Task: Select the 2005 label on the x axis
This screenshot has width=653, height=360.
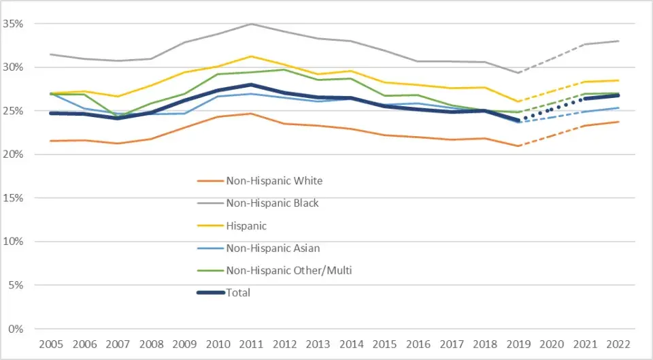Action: pos(52,344)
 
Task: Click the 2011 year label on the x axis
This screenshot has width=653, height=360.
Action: pos(252,344)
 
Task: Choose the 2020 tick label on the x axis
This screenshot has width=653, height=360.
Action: pos(552,344)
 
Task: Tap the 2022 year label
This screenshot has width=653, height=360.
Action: pos(618,344)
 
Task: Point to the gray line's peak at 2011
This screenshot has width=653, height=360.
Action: pos(252,24)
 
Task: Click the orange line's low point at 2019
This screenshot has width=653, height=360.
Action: pos(518,146)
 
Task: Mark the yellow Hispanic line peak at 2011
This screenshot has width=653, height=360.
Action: pos(252,56)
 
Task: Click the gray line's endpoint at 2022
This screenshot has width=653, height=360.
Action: pos(618,41)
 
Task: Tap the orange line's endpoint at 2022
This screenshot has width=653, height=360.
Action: pos(618,122)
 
